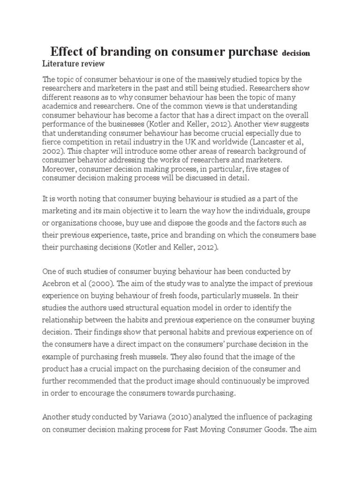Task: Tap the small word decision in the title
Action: tap(296, 53)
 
